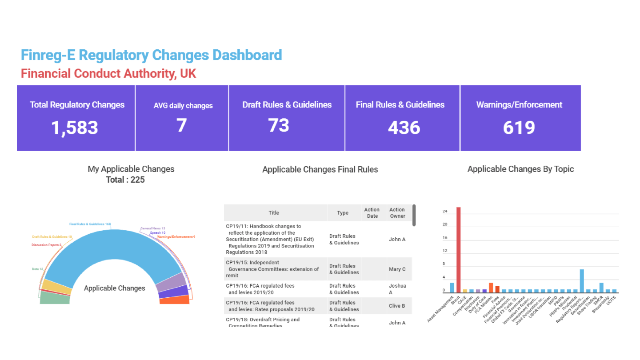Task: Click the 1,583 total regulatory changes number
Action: (75, 128)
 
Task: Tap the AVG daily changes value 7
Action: (181, 126)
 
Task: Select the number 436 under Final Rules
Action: (404, 128)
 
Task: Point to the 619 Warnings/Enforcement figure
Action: (519, 128)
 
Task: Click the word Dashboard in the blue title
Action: (247, 55)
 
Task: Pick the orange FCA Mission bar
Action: (491, 288)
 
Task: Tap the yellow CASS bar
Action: (465, 291)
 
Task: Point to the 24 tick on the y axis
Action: (445, 212)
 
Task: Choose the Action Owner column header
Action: (397, 213)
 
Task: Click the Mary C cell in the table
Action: (397, 269)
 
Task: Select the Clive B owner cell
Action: (397, 306)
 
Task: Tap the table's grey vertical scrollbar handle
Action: (414, 215)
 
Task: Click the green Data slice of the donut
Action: (55, 298)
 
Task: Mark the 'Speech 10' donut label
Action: (157, 232)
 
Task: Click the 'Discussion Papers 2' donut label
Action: (47, 245)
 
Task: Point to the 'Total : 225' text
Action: (125, 180)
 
